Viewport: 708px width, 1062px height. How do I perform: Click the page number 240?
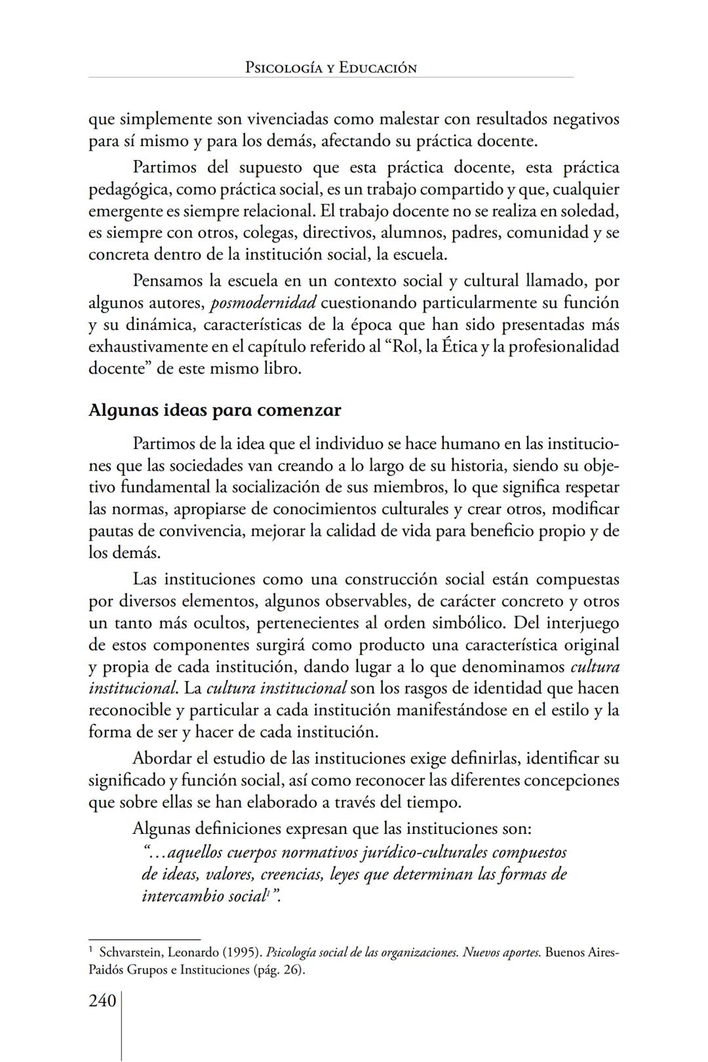[102, 1001]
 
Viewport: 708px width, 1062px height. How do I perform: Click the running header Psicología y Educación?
[330, 68]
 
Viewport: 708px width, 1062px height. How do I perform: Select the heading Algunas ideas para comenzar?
[214, 410]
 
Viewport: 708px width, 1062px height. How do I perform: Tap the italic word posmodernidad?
[264, 303]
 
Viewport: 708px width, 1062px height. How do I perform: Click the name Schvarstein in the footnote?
[127, 951]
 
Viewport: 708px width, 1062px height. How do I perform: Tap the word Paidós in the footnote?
[107, 970]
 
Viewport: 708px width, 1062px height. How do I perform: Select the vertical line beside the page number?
[121, 1026]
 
